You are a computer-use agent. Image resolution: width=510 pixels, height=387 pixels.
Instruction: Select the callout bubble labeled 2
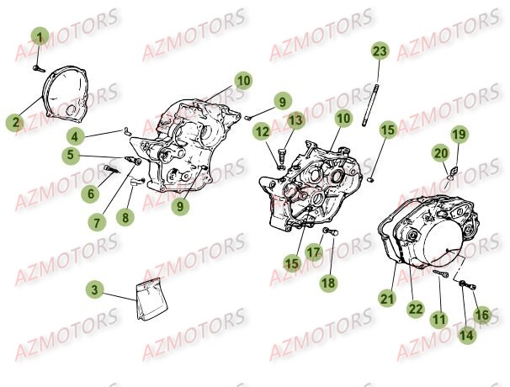pos(13,121)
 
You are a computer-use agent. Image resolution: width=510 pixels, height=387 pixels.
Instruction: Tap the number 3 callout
pos(95,290)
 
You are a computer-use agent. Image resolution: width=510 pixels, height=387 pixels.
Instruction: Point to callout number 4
pos(75,136)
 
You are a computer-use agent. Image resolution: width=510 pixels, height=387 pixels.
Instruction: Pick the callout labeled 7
pos(98,223)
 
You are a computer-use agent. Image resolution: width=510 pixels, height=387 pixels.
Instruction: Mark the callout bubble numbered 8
pos(126,217)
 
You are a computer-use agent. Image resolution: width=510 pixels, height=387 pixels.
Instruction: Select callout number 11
pos(438,319)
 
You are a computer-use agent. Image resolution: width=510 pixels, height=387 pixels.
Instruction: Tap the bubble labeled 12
pos(263,131)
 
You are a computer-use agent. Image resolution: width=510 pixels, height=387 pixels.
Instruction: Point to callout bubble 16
pos(481,315)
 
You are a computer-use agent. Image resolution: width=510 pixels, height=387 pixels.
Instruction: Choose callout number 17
pos(314,252)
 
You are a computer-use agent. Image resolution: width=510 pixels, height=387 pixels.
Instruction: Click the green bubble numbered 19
pos(458,134)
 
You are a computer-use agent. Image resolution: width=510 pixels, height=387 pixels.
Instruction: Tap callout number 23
pos(380,52)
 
